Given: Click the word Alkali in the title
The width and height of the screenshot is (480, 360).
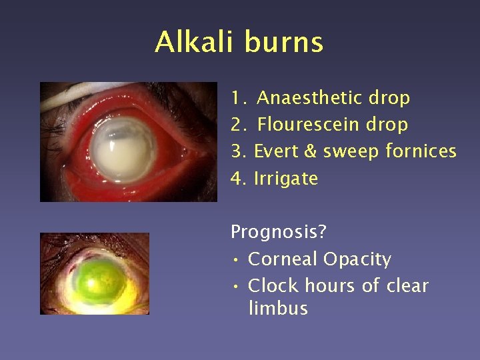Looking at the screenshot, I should [x=195, y=42].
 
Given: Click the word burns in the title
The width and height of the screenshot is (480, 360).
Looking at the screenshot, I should [x=284, y=42].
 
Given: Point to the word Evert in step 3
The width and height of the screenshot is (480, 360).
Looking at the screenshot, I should [x=276, y=151].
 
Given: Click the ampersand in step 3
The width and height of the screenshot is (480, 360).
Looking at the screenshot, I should [x=310, y=152].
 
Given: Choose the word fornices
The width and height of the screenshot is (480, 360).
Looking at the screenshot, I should [x=421, y=151].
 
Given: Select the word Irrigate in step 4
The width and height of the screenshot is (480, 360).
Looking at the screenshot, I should [x=286, y=179].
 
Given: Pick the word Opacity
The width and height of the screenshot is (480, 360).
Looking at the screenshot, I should [x=357, y=259].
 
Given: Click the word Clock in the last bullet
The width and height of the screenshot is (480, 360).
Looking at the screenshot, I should [x=270, y=286].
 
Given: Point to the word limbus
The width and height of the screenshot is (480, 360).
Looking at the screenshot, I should [x=277, y=308].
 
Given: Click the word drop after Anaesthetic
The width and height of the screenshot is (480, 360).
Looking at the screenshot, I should [x=389, y=99].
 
